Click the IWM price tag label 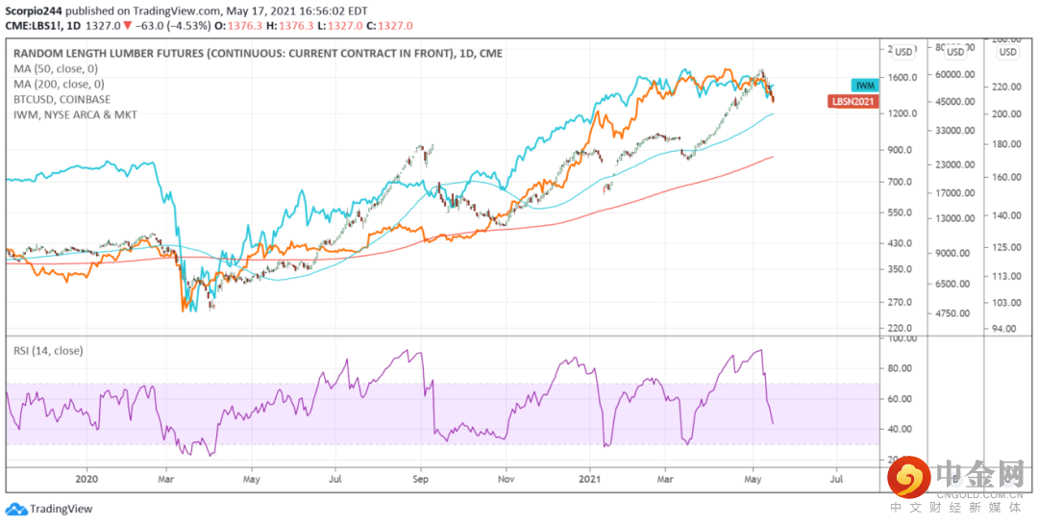click(865, 86)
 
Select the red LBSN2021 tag click(853, 100)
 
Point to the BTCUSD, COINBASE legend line click(62, 99)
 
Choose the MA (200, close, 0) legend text click(59, 84)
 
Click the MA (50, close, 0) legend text click(56, 68)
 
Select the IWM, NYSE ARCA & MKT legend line click(75, 114)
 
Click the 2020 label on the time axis click(86, 477)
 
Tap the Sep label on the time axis click(420, 477)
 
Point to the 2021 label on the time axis click(589, 477)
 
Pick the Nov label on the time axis click(506, 477)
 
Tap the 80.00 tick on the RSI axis click(900, 368)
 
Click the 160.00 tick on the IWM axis click(1006, 177)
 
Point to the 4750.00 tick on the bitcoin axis click(955, 313)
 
